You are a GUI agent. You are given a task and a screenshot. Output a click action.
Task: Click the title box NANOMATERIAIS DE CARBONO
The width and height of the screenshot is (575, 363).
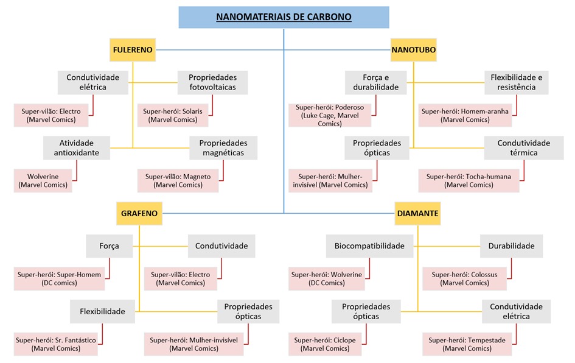tap(284, 17)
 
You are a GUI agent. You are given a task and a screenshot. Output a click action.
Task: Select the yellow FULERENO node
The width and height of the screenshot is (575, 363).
tap(133, 50)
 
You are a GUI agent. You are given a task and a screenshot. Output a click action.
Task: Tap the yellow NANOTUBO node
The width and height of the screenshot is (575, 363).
tap(413, 50)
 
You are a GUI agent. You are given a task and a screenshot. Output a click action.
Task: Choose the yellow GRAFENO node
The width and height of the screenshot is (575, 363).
tap(139, 214)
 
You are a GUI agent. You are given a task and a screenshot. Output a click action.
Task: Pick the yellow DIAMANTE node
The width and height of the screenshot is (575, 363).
tap(417, 214)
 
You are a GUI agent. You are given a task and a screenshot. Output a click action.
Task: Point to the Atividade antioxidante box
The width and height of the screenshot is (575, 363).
tap(76, 148)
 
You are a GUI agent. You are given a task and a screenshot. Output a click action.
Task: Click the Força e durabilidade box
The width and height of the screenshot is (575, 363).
tap(375, 83)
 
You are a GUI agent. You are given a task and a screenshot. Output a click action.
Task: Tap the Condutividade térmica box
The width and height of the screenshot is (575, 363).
tap(524, 148)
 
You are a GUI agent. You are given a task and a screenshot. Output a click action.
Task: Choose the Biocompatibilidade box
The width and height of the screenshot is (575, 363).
tap(369, 246)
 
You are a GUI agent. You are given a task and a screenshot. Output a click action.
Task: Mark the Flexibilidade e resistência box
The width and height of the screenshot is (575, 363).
tap(516, 83)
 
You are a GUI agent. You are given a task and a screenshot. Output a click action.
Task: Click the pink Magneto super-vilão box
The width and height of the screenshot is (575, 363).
tap(178, 181)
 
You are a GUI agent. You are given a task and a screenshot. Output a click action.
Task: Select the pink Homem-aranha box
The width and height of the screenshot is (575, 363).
tap(465, 116)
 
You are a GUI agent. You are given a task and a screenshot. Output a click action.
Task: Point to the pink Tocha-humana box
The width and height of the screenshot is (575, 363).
tap(469, 181)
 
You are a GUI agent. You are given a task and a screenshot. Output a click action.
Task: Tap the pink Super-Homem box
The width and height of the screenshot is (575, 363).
tap(58, 278)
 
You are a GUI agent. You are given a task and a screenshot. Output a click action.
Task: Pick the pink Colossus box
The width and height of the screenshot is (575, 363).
tap(464, 278)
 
